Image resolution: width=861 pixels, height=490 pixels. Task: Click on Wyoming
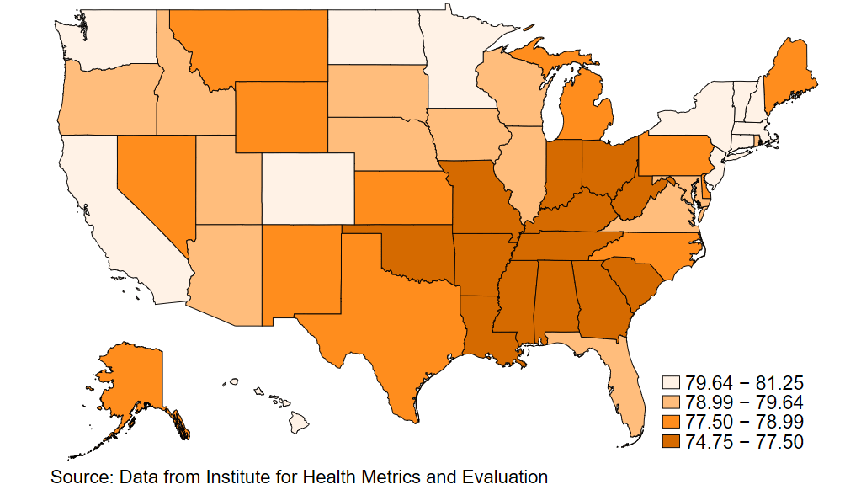pos(282,117)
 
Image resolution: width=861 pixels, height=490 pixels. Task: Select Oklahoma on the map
pos(417,253)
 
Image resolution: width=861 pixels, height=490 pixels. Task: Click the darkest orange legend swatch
pos(672,442)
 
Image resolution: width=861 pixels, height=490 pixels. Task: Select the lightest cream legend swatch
pos(672,381)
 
